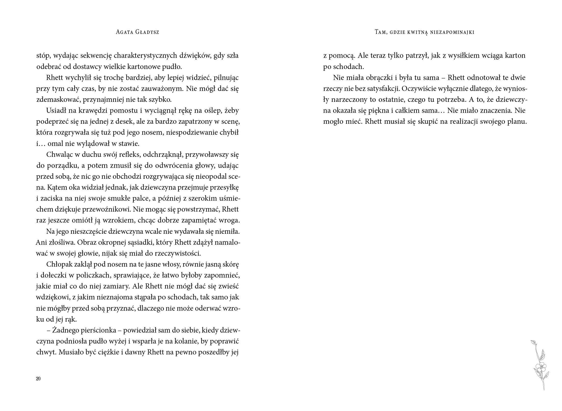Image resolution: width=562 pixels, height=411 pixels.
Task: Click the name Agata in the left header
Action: point(125,32)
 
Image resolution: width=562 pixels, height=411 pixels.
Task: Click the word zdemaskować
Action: point(57,100)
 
